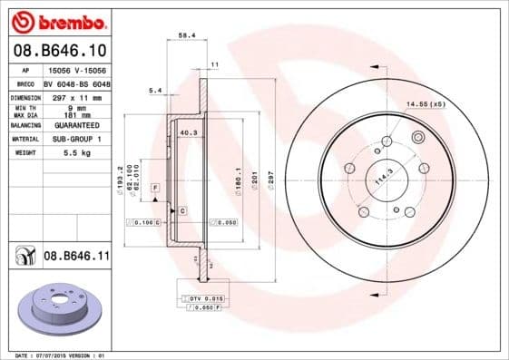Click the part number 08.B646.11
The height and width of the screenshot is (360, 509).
point(76,258)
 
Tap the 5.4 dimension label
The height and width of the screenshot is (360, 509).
point(155,90)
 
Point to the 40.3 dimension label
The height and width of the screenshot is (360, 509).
point(189,133)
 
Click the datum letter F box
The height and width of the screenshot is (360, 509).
point(156,186)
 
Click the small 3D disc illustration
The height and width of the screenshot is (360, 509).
point(58,311)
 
